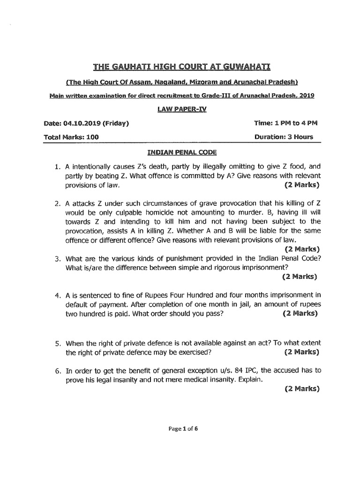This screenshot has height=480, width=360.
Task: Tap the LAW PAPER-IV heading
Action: click(180, 109)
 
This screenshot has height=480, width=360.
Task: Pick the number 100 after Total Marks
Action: click(92, 137)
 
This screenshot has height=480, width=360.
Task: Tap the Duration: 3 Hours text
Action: click(284, 137)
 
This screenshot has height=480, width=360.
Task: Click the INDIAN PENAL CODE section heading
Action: click(180, 153)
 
